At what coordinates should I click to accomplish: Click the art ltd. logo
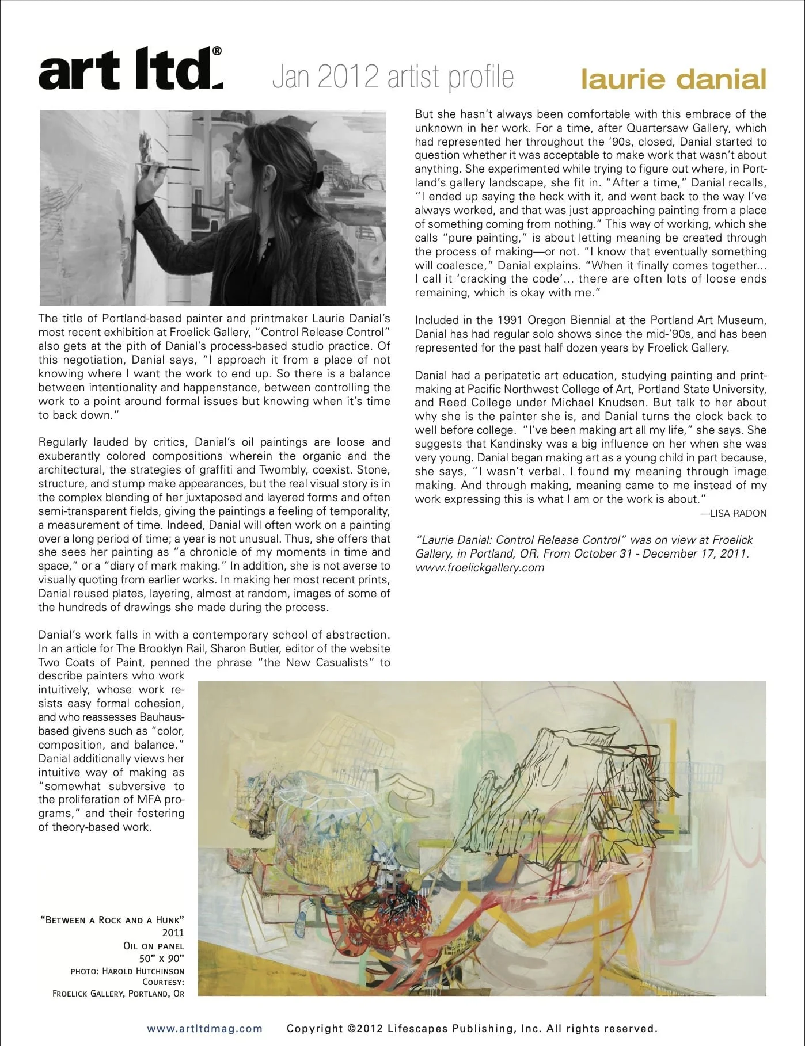(130, 70)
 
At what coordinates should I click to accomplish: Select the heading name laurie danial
(673, 79)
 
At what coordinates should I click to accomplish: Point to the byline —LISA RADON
(733, 513)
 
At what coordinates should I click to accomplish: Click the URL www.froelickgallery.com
(480, 567)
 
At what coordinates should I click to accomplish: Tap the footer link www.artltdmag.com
(204, 1028)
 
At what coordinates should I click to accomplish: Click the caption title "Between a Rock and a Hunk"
(112, 919)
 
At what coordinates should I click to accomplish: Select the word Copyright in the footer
(315, 1028)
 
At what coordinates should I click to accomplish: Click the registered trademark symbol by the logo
(217, 51)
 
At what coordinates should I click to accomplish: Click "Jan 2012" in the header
(325, 78)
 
